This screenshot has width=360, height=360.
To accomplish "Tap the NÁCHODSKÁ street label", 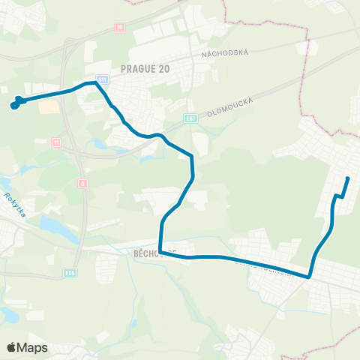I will point(224,52).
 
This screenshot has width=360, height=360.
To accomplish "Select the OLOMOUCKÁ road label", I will point(235,106).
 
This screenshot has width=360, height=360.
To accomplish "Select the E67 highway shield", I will point(191,118).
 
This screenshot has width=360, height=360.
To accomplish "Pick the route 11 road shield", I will point(55,142).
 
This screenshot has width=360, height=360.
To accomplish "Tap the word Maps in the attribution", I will point(33,347).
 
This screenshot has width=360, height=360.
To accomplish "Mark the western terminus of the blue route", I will point(14,104).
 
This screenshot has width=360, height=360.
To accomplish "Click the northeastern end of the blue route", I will point(348,178).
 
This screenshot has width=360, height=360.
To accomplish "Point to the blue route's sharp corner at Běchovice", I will point(161,253).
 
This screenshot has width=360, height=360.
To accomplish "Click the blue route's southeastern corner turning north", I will point(309,276).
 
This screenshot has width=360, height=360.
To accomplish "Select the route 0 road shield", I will point(82,182).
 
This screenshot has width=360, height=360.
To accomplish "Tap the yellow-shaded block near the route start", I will point(48,107).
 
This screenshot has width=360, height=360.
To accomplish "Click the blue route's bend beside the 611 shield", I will point(96,82).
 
